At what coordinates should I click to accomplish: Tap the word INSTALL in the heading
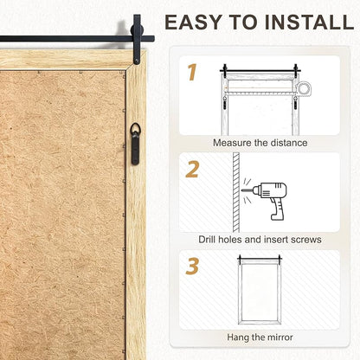[x=309, y=22]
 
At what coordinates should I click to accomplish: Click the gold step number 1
[x=192, y=72]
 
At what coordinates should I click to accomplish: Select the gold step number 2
[x=192, y=170]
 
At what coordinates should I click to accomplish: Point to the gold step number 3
[x=192, y=266]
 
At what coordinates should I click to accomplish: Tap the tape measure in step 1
[x=304, y=88]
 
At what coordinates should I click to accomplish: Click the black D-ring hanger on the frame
[x=135, y=144]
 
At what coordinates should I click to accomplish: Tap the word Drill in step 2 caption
[x=207, y=240]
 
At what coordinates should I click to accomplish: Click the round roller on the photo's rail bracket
[x=135, y=30]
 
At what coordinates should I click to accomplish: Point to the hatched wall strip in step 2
[x=236, y=192]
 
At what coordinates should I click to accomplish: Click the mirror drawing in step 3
[x=260, y=292]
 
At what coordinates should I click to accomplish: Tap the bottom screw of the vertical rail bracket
[x=137, y=61]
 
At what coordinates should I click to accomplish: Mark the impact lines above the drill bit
[x=247, y=182]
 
